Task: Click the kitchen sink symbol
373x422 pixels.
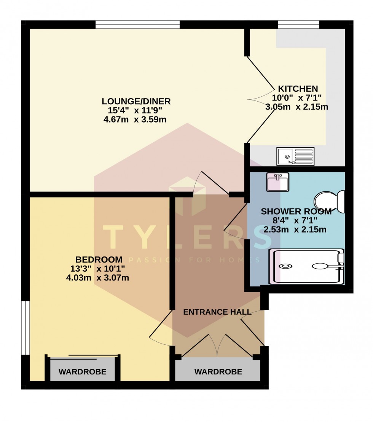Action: coord(295,156)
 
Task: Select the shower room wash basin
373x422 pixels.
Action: coord(278,182)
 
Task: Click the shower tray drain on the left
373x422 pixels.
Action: coord(285,266)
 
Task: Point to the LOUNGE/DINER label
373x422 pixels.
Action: coord(136,102)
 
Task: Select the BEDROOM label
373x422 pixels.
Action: coord(99,260)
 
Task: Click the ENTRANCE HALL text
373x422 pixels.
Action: coord(217,312)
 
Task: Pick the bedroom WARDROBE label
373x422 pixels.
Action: coord(82,372)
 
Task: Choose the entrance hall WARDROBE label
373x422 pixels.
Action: coord(218,372)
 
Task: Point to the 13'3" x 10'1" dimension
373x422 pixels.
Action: coord(97,269)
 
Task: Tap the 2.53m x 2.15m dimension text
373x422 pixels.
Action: coord(295,230)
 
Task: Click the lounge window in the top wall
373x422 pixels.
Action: coord(137,25)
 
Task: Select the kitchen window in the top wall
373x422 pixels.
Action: coord(298,25)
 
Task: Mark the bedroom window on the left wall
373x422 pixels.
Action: coord(25,328)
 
